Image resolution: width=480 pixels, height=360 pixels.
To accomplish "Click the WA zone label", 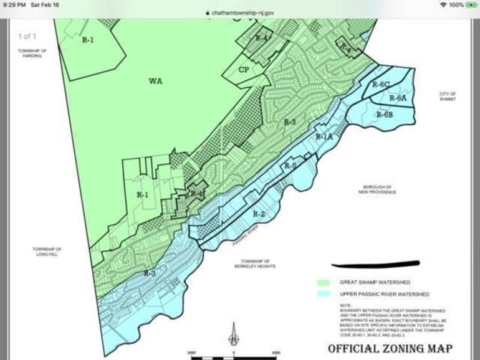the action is pos(155,81).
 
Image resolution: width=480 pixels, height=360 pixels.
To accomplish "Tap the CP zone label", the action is pos(244,70).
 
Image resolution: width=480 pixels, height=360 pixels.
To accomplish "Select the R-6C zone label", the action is pos(381,85).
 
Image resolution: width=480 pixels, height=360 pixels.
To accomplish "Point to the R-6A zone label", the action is pos(398,98).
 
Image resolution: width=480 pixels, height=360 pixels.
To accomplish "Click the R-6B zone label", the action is pos(385,115).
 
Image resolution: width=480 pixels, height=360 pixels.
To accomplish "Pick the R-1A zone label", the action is pos(324,136).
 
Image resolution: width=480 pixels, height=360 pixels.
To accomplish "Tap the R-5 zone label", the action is pos(290,166).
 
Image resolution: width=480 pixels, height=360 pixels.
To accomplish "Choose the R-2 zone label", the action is pos(259,214).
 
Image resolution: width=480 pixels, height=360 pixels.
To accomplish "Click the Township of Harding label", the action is pos(29,53).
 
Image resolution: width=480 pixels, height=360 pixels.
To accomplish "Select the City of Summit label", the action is pos(448,97).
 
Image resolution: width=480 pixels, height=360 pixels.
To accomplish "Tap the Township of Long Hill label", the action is pos(47,252).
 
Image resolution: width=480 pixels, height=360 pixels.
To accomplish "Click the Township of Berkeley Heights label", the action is pos(255,263).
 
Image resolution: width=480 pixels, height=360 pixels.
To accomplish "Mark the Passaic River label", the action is pos(244,237).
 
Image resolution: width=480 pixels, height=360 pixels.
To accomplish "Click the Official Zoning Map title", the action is pos(390,348).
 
